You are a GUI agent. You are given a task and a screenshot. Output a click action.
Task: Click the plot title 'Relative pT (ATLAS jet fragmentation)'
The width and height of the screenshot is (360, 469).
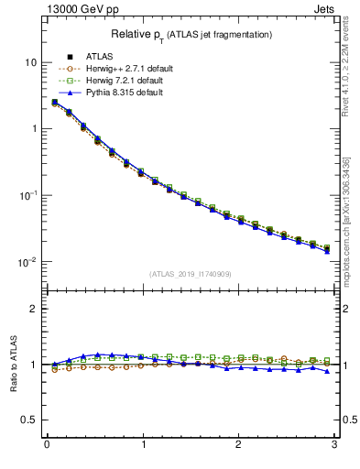(191, 34)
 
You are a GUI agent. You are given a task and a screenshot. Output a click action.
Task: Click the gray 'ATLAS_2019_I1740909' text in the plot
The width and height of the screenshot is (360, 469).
(191, 274)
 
